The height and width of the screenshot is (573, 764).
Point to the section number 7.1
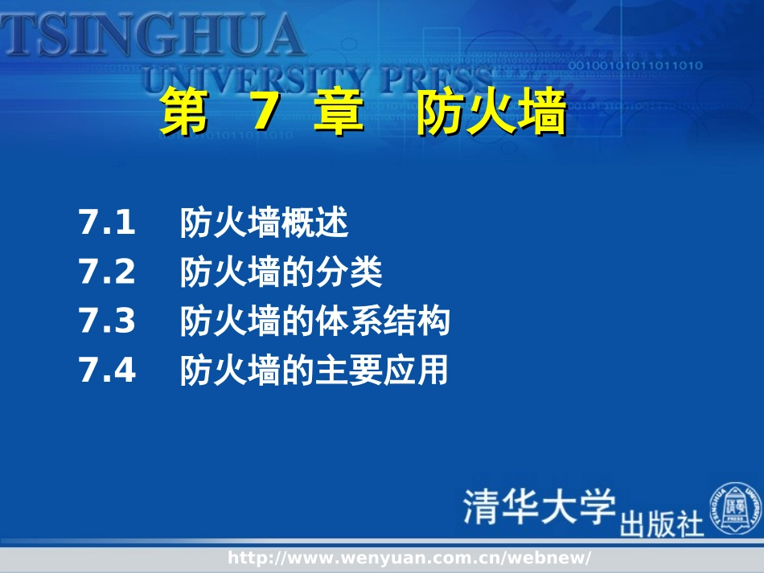[x=107, y=223]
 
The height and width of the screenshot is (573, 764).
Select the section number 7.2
[x=107, y=273]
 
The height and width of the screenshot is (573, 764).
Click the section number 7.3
[x=107, y=322]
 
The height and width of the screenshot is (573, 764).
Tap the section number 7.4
[x=107, y=371]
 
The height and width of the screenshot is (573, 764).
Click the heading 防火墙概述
[x=265, y=223]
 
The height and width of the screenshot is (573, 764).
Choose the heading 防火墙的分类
[x=281, y=273]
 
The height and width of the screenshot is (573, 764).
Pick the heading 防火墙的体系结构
[x=315, y=322]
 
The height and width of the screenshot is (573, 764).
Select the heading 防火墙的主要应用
[x=314, y=371]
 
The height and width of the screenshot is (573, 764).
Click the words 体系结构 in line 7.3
[x=383, y=322]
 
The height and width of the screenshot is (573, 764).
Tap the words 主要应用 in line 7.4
[x=382, y=371]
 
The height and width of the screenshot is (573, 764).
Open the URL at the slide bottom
[x=409, y=558]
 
